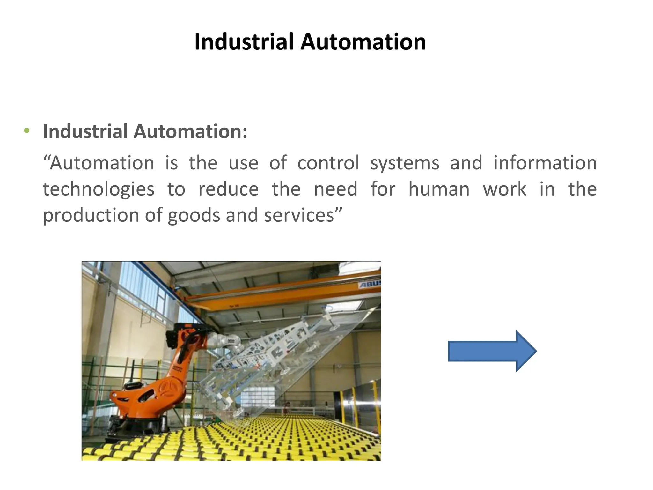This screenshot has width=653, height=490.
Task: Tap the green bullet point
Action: pyautogui.click(x=27, y=130)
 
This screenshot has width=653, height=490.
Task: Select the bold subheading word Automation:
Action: pyautogui.click(x=190, y=131)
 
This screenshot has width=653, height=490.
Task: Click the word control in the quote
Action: pyautogui.click(x=328, y=163)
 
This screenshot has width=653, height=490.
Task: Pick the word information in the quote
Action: pyautogui.click(x=545, y=163)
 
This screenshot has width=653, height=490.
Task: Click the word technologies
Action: pyautogui.click(x=99, y=189)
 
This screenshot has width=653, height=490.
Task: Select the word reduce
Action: pyautogui.click(x=228, y=189)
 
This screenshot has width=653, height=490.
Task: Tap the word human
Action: pyautogui.click(x=439, y=189)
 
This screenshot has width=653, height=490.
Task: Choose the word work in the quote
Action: pyautogui.click(x=504, y=189)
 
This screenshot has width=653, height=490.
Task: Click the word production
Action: pyautogui.click(x=91, y=216)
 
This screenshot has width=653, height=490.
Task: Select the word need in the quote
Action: pyautogui.click(x=335, y=189)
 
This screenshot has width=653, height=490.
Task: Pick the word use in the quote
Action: pyautogui.click(x=243, y=163)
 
